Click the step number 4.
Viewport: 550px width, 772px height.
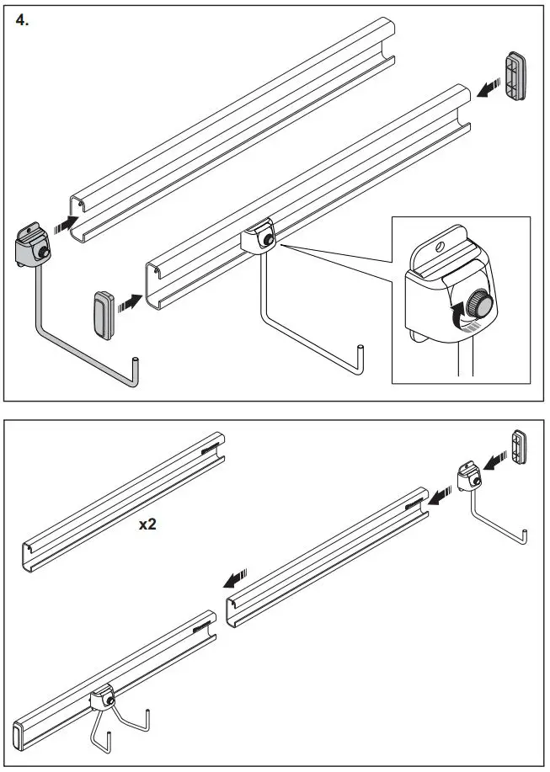tap(23, 20)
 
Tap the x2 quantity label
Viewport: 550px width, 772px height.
tap(148, 524)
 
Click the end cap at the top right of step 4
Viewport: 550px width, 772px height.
tap(515, 77)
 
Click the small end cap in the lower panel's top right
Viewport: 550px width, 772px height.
tap(520, 447)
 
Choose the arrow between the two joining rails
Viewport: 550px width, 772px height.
tap(237, 578)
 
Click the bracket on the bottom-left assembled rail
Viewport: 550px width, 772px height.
tap(102, 699)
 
